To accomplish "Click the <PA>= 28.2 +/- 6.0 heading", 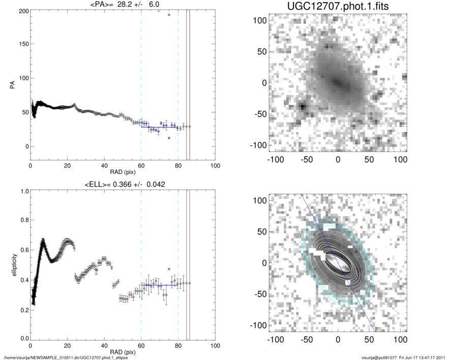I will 123,5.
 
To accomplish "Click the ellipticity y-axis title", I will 12,265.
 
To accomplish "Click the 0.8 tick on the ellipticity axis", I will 22,220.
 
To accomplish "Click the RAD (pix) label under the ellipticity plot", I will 123,351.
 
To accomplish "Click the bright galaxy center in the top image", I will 337,81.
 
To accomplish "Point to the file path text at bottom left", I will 66,357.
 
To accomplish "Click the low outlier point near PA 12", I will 169,138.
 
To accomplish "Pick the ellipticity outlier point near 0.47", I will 169,269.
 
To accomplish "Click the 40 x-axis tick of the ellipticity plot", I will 104,345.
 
